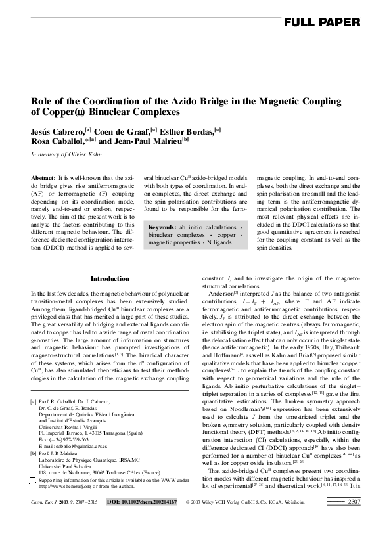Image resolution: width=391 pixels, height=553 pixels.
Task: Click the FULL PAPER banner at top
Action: [x=321, y=22]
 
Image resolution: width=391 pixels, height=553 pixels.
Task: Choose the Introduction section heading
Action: [x=109, y=279]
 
